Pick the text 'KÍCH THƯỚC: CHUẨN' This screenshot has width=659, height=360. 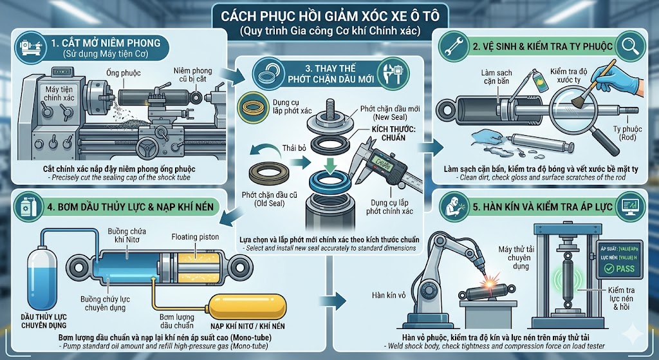(394, 134)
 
